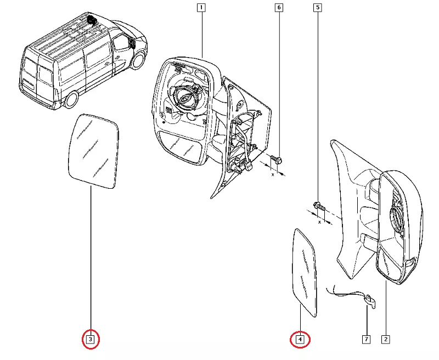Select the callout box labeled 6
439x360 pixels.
pos(279,8)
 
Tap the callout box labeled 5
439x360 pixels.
pos(317,8)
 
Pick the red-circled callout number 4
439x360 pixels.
pos(300,340)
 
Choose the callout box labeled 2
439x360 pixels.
pos(386,340)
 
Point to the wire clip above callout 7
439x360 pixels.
pos(369,300)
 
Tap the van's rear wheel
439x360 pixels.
pos(70,100)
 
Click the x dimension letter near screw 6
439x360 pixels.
pos(272,176)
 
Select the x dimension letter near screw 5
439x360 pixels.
pos(319,223)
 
